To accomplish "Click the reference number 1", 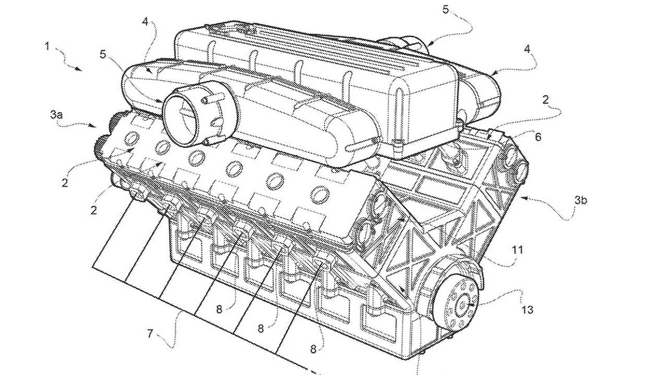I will click(x=47, y=46).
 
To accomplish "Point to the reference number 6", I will click(x=538, y=137).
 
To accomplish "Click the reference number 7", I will click(x=150, y=333).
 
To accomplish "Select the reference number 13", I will click(x=527, y=309).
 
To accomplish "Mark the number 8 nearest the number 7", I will click(x=220, y=308).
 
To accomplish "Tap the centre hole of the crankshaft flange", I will click(x=462, y=302).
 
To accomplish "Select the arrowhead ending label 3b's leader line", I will click(x=522, y=197).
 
